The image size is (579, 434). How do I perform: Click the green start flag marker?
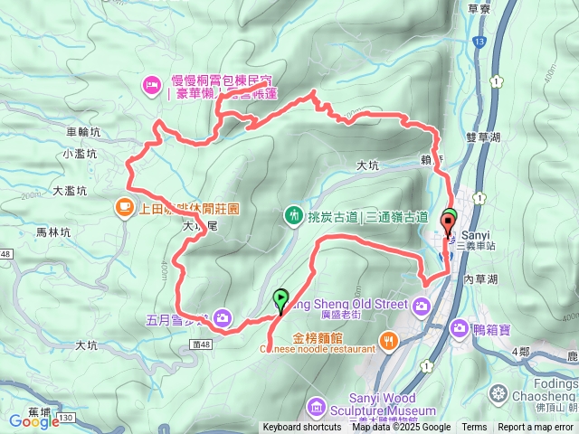[x=280, y=297]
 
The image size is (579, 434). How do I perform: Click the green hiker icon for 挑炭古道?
[x=293, y=215]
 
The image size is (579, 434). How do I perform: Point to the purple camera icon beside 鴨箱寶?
[x=459, y=326]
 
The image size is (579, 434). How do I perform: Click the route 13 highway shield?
[x=478, y=42]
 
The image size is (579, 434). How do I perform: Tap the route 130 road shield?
[x=66, y=418]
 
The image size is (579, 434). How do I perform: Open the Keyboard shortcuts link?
[x=302, y=428]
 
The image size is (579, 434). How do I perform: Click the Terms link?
[x=474, y=428]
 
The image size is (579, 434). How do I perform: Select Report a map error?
[x=537, y=428]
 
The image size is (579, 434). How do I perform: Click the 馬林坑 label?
[x=52, y=232]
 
